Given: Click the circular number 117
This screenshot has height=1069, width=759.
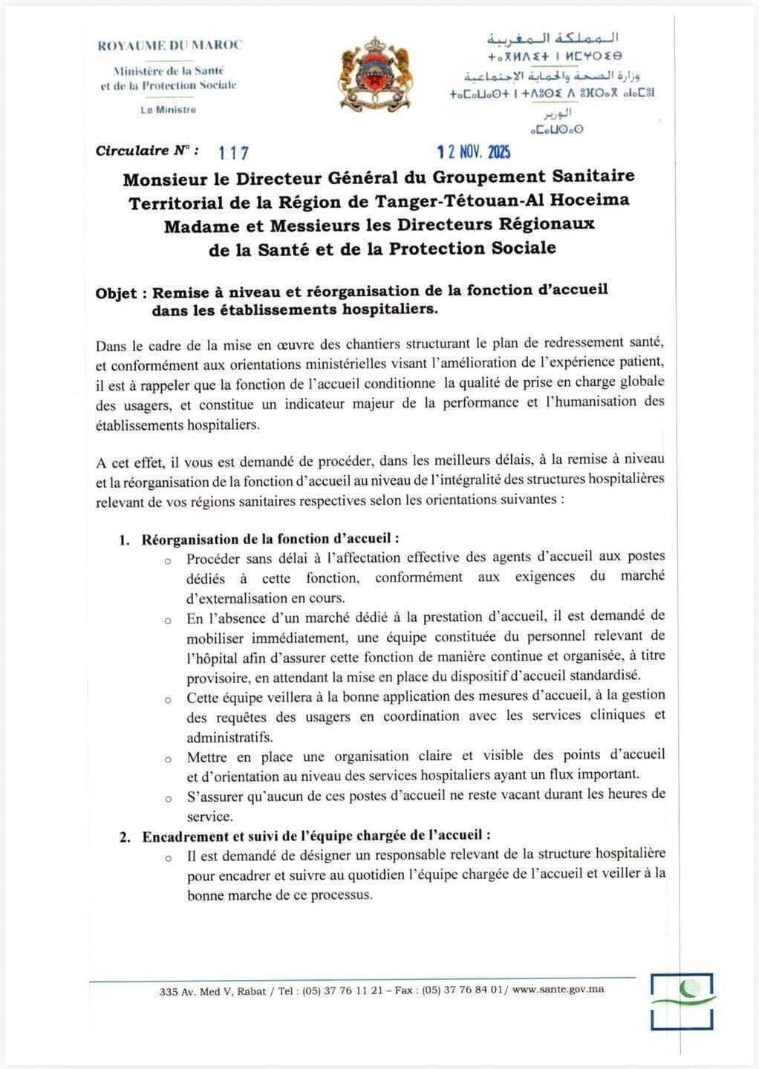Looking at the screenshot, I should click(234, 153).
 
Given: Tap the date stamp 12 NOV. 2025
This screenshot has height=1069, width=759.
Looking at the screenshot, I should click(474, 152).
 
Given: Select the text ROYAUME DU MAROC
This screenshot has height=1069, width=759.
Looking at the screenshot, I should click(170, 45).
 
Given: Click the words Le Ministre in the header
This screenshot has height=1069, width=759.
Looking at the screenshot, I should click(169, 110).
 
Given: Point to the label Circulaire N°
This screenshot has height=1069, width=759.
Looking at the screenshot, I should click(147, 151).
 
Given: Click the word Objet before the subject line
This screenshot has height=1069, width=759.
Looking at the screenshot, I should click(116, 293).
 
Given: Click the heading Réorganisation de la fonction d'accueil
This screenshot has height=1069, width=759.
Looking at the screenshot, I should click(270, 539).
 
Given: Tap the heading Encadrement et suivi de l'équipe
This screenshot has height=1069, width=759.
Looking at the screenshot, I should click(316, 836).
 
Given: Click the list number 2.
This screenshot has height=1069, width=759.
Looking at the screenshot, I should click(126, 837).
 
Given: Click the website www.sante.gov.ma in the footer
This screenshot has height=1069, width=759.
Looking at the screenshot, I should click(558, 990).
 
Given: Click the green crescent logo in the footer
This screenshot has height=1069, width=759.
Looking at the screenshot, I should click(683, 1001).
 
